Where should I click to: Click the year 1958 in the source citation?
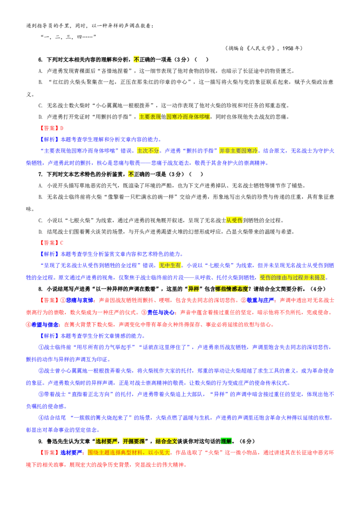point(288,48)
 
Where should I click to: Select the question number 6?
point(40,59)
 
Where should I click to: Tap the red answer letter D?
point(62,128)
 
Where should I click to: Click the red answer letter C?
point(62,243)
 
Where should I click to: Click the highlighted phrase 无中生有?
point(170,265)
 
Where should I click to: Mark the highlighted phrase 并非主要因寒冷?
point(238,151)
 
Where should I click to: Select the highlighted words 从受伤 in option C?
point(234,220)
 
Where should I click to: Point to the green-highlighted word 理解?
point(226,441)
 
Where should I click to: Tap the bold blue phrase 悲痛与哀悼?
point(80,300)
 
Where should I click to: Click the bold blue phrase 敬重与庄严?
point(261,300)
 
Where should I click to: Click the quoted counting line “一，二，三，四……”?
point(68,37)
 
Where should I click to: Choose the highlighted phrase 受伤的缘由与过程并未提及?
point(292,277)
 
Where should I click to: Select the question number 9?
point(40,441)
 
